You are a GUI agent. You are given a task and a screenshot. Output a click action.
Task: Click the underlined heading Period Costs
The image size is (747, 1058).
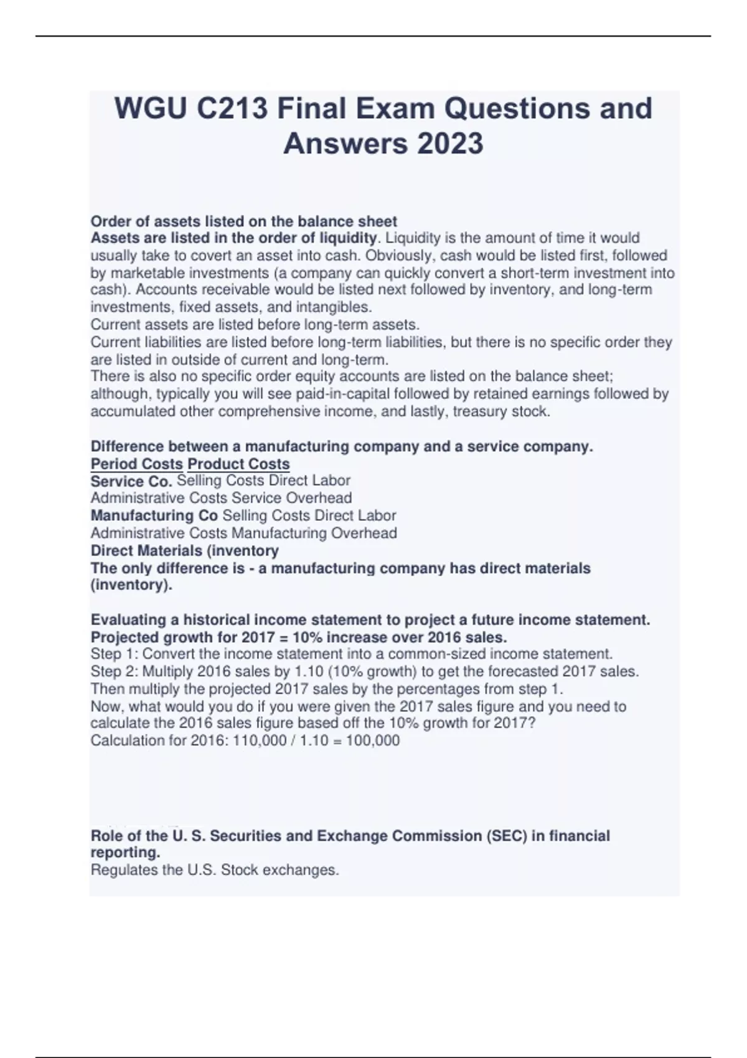137,464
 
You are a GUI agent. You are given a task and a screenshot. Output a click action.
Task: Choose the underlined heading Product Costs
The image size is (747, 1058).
238,464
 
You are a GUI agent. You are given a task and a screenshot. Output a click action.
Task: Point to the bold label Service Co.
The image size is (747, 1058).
131,482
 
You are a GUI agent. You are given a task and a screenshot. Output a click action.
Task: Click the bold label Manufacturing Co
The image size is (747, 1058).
154,516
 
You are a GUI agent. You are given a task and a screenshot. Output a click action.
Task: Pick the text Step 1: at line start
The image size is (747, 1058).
115,655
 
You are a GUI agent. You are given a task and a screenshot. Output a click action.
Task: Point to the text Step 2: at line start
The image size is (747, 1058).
115,672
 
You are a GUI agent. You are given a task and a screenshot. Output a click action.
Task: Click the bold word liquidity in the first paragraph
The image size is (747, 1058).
348,238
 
